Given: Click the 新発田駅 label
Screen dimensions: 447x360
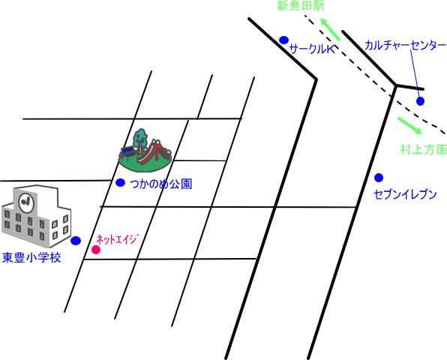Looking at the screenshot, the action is (x=301, y=6).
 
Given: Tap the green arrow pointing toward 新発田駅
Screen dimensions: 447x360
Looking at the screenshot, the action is (x=330, y=29).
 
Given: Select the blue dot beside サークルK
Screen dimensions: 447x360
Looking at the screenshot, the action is (x=283, y=40).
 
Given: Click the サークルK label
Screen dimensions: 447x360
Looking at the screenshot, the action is (x=312, y=49).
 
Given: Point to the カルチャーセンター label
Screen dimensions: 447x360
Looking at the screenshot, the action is (x=405, y=46).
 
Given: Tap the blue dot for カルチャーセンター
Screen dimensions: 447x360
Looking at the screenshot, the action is (x=420, y=101).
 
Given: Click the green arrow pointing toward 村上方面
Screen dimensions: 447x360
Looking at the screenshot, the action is (x=410, y=125).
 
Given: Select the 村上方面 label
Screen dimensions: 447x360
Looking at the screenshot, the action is (x=424, y=150).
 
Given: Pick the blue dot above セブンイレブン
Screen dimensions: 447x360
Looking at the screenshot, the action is (x=379, y=178).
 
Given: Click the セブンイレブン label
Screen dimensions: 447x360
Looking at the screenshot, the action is (x=405, y=194).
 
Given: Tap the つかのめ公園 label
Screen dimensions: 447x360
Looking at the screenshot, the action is (x=161, y=184).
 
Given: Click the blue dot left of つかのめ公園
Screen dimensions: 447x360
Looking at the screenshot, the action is (x=120, y=183).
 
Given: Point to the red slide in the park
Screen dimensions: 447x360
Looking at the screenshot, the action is (x=153, y=153).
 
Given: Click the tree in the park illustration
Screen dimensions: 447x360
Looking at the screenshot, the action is (x=140, y=139).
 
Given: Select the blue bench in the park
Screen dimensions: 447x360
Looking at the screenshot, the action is (x=128, y=152).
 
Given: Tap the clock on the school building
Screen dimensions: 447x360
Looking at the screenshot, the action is (x=26, y=202).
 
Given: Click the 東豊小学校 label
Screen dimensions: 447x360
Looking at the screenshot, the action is (x=31, y=258).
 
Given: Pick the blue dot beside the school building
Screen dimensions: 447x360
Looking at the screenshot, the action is (x=76, y=241).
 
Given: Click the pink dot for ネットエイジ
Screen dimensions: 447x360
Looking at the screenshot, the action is (x=96, y=250).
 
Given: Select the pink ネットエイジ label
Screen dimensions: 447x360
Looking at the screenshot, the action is (x=118, y=239).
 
